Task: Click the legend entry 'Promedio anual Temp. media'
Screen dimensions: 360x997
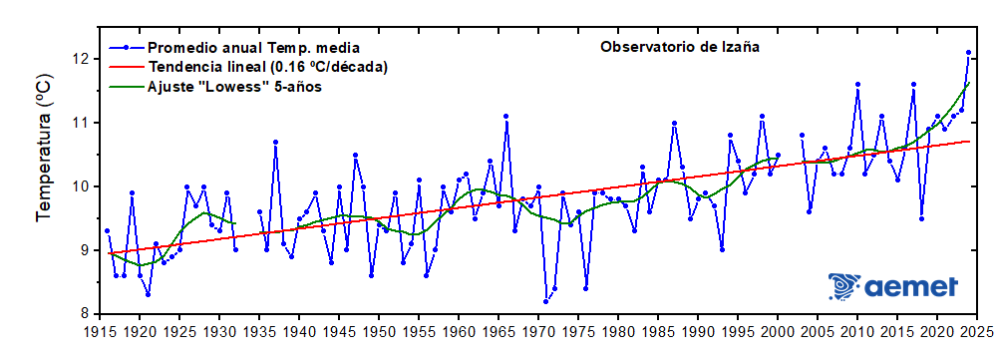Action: tap(253, 47)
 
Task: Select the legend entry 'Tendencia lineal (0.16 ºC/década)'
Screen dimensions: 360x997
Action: tap(267, 67)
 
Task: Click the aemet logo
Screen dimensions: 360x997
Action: tap(893, 287)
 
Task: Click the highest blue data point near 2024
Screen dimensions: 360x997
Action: tap(968, 52)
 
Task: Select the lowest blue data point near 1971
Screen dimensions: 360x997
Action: tap(546, 301)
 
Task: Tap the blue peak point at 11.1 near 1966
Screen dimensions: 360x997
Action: tap(506, 116)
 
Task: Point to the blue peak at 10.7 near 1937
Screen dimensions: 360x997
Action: tap(275, 142)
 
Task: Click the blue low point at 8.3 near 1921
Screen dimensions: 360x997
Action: tap(148, 294)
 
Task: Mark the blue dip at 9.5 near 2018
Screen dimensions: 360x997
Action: tap(921, 218)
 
